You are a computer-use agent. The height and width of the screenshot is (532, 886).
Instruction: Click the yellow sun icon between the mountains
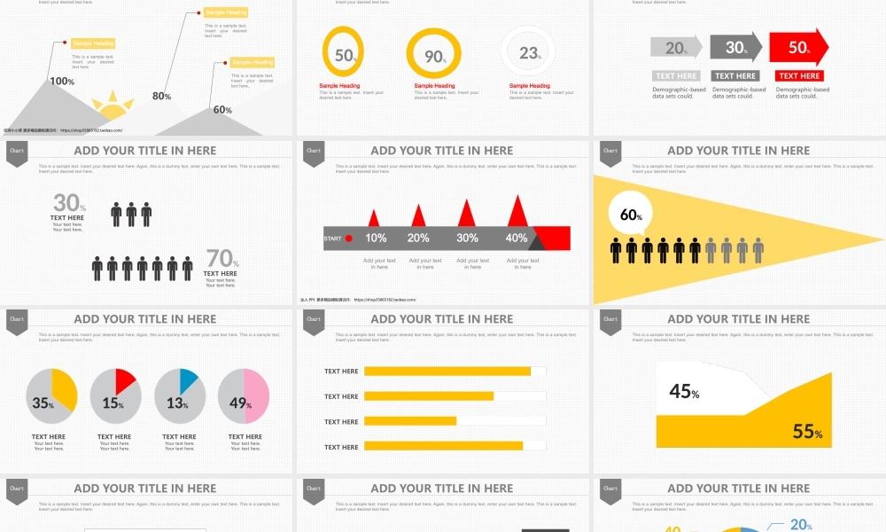[113, 106]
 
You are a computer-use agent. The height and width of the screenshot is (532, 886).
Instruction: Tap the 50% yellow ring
[343, 52]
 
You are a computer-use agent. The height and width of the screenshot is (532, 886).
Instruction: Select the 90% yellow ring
[434, 54]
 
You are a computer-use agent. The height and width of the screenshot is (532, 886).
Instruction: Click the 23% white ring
[529, 53]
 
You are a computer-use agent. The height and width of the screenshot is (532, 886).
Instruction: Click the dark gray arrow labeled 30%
[737, 48]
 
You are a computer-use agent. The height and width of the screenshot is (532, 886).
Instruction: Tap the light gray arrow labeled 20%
[676, 48]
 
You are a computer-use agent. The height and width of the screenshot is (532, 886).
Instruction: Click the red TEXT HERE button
[799, 76]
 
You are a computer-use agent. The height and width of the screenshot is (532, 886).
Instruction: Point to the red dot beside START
[348, 239]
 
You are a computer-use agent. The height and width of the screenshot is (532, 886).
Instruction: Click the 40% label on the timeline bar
[516, 238]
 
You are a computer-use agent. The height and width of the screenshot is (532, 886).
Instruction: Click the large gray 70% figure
[221, 259]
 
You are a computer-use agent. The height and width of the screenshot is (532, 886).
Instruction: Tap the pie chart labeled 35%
[51, 396]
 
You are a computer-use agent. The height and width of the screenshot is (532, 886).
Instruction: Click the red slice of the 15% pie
[123, 382]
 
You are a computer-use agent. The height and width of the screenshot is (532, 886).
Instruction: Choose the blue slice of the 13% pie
[187, 380]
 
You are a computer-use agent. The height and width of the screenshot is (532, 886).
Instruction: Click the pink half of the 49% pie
[256, 396]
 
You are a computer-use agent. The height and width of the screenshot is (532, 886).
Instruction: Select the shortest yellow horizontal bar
[409, 421]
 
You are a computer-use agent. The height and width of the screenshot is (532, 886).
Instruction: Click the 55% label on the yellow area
[807, 432]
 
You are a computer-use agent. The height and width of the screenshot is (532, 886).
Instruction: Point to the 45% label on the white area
[684, 391]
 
